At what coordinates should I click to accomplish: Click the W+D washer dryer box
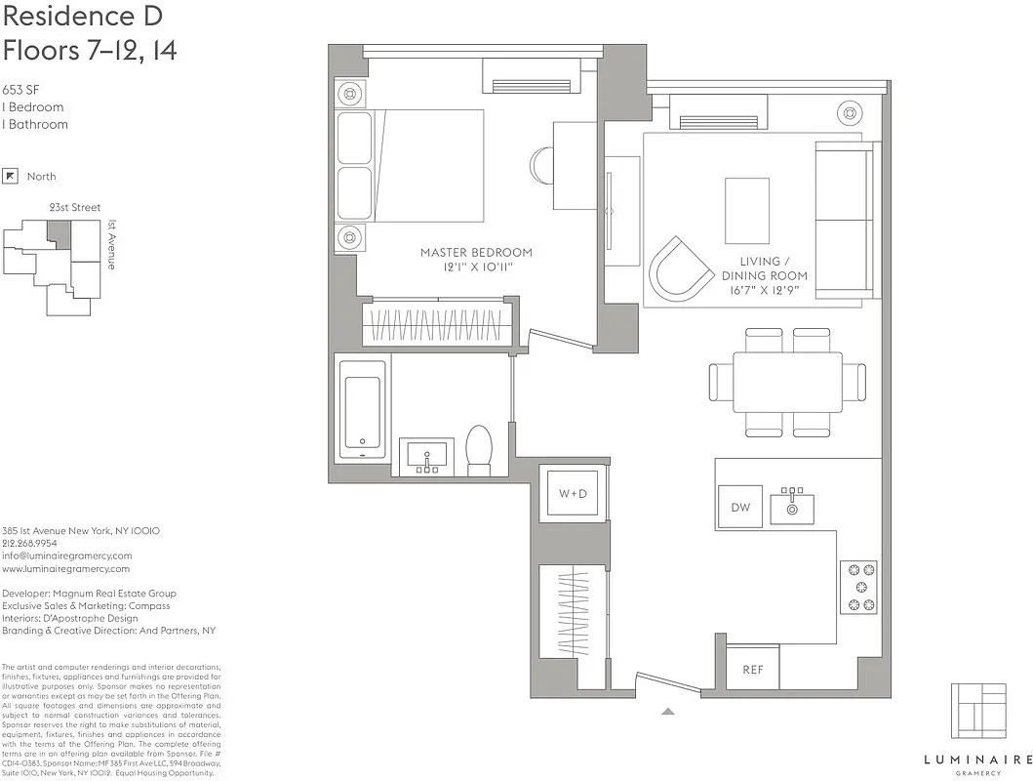click(573, 494)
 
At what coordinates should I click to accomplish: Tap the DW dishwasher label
click(740, 507)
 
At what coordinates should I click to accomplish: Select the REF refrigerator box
click(753, 669)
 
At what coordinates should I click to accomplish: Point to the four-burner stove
click(858, 587)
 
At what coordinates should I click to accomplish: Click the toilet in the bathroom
click(479, 449)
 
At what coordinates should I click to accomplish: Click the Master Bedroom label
click(476, 259)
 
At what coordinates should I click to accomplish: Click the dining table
click(787, 383)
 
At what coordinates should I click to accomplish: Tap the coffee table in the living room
click(746, 211)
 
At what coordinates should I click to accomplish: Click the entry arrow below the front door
click(667, 712)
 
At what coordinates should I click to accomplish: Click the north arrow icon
click(11, 177)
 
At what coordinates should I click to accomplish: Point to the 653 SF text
click(20, 89)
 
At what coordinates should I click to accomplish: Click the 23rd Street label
click(74, 208)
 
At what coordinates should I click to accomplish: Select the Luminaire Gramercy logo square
click(977, 711)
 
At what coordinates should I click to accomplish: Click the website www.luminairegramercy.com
click(65, 568)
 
